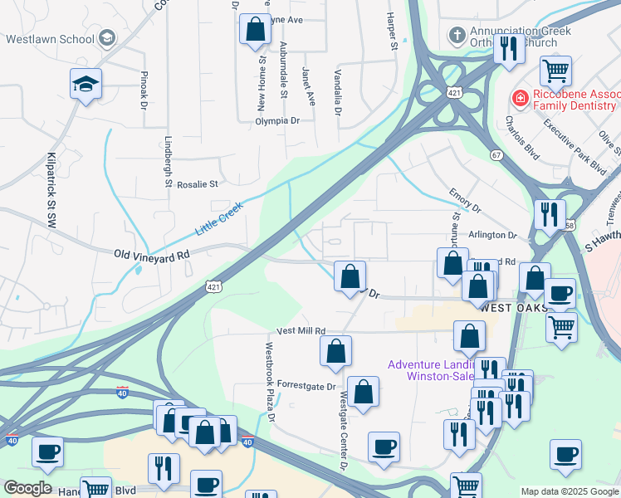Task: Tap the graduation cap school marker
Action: (86, 85)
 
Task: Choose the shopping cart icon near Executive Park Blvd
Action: (555, 70)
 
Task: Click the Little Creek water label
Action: (219, 217)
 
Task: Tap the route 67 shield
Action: (496, 155)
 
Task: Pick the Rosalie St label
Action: (197, 184)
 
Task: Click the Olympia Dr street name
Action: (277, 120)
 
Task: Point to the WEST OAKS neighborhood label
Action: (513, 308)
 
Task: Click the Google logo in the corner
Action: (28, 488)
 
